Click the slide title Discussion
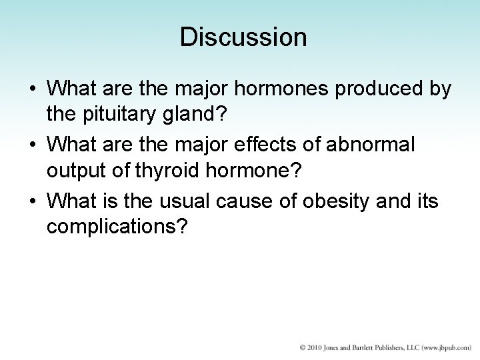[x=243, y=37]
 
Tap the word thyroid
[x=165, y=171]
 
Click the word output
[x=78, y=171]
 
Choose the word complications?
[x=119, y=227]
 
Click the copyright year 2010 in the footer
[x=314, y=348]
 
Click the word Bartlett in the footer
[x=365, y=348]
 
